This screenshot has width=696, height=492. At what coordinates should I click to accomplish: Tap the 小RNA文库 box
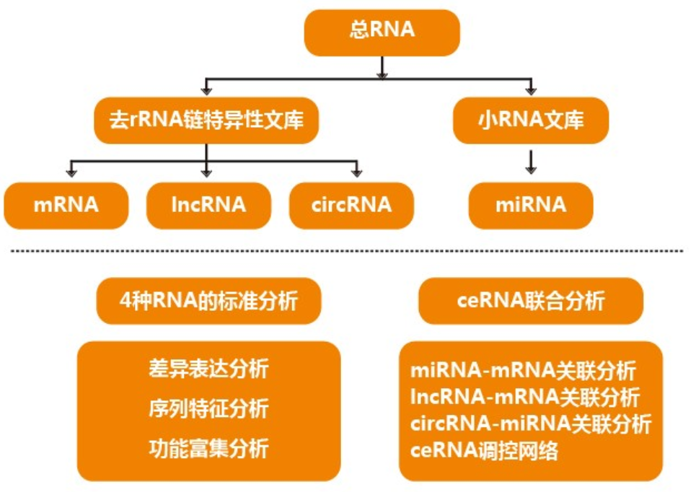[x=530, y=120]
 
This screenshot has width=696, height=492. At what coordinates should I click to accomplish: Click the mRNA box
[x=66, y=205]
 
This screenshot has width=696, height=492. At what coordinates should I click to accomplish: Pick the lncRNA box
[x=208, y=205]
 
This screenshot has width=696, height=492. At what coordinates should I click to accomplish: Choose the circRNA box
[x=351, y=205]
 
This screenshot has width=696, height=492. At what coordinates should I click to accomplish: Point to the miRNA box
[x=530, y=205]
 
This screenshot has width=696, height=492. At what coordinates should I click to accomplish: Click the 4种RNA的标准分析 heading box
[x=208, y=300]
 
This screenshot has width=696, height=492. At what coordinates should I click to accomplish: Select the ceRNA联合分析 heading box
[x=530, y=300]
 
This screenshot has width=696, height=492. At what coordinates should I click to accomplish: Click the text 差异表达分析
[x=208, y=370]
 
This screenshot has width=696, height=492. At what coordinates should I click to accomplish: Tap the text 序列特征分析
[x=208, y=409]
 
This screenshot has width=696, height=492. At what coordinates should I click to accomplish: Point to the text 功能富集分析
[x=208, y=449]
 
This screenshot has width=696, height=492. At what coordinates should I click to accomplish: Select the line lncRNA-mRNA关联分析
[x=524, y=397]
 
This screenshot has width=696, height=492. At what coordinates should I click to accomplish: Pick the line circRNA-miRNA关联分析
[x=531, y=423]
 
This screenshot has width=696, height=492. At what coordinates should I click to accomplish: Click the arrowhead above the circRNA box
[x=356, y=172]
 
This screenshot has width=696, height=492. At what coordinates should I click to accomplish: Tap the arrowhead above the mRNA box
[x=71, y=172]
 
